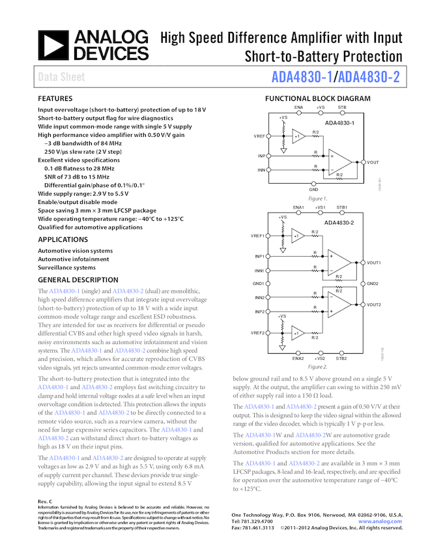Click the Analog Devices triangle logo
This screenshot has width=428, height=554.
point(54,44)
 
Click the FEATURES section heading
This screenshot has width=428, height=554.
point(55,99)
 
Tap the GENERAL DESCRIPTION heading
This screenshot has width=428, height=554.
point(78,280)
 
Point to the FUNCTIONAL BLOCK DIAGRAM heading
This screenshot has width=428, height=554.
point(317,99)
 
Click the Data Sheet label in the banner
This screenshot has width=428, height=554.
point(61,78)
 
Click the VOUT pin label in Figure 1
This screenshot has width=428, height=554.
point(373,162)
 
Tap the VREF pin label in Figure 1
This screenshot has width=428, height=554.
point(259,136)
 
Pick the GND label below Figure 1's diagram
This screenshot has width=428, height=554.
point(313,189)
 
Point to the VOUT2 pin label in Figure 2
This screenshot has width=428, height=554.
point(374,304)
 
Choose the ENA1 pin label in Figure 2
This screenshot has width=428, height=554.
point(298,207)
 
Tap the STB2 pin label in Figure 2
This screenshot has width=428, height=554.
point(341,358)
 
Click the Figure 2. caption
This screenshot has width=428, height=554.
point(317,367)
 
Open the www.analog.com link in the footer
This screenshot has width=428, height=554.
point(380,522)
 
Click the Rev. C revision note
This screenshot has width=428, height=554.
point(46,501)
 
